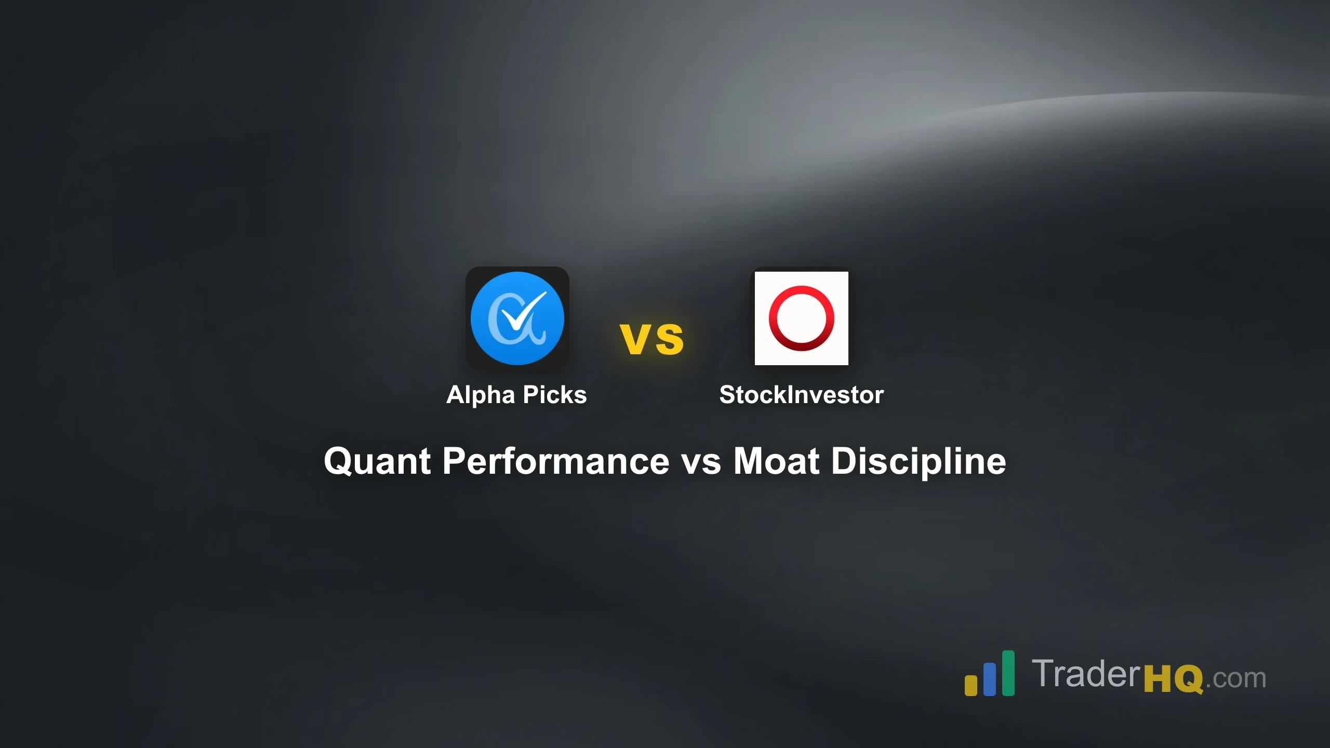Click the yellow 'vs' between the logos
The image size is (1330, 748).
click(652, 339)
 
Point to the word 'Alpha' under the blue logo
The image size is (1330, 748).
click(481, 395)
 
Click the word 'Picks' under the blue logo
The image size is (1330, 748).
click(555, 395)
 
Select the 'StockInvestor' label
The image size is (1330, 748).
click(801, 395)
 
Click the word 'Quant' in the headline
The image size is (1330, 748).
click(377, 461)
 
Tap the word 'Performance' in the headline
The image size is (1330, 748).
click(556, 461)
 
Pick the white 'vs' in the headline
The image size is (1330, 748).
click(701, 461)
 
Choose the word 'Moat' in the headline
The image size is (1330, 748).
click(776, 461)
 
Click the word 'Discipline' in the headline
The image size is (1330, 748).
click(919, 461)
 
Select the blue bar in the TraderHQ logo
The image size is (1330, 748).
click(989, 679)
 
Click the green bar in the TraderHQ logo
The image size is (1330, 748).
click(1008, 673)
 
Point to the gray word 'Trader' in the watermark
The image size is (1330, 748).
click(1086, 674)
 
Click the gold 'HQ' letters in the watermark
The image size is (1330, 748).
click(1173, 679)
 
